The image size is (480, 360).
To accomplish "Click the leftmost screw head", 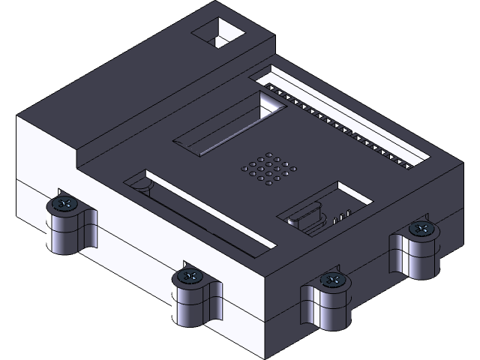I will pos(65,203).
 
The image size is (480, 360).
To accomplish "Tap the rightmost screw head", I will pos(421,229).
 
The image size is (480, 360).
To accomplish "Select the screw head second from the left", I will pos(190,277).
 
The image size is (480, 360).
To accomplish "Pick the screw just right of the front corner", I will pos(331,280).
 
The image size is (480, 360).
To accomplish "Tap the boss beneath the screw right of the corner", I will pos(328,309).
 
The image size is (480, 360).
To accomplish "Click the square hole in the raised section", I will pos(220,33).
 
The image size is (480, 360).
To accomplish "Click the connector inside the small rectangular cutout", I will pos(307,219).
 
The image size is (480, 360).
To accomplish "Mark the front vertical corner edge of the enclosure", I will pos(267,315).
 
